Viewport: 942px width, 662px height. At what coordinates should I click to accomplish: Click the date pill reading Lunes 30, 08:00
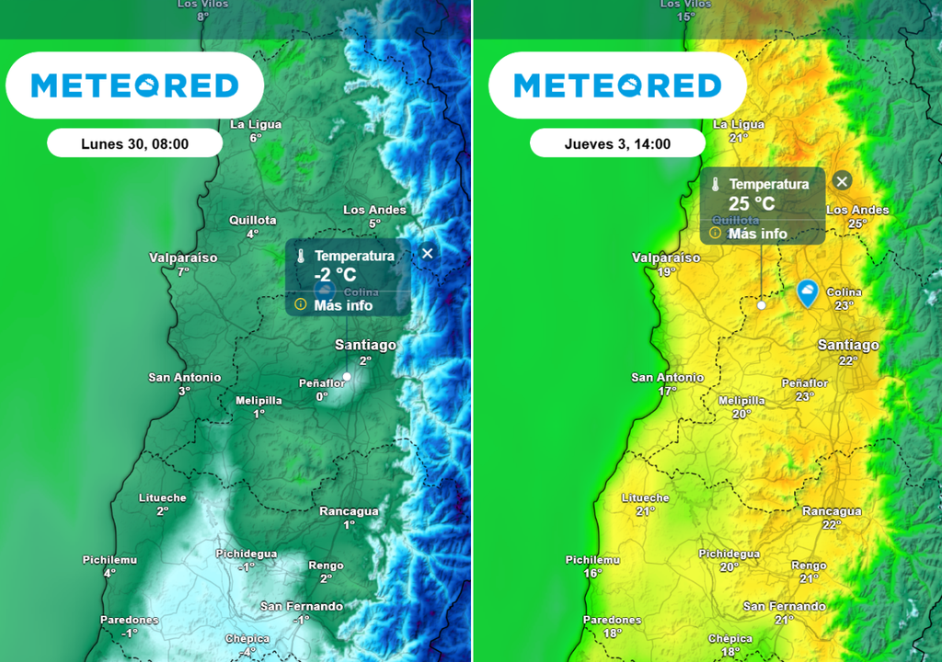click(134, 143)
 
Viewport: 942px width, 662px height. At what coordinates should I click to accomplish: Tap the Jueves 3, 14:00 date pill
click(617, 143)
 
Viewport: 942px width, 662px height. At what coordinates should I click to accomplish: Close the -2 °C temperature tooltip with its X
click(427, 254)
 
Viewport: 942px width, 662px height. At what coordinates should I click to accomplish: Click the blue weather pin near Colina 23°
click(807, 292)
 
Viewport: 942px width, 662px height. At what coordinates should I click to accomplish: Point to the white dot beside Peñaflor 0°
click(347, 376)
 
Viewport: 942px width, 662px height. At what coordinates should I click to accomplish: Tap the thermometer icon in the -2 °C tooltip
click(300, 257)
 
